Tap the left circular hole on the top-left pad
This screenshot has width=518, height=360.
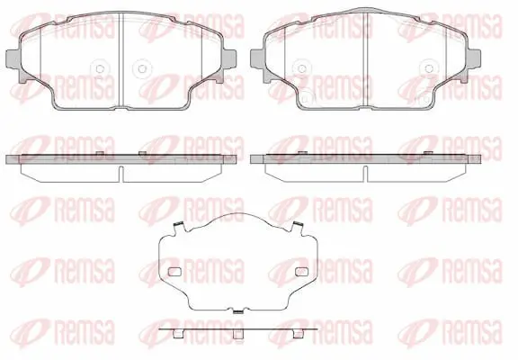(x=100, y=68)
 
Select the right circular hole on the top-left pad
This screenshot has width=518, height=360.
(x=142, y=68)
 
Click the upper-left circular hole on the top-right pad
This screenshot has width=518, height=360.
(x=301, y=68)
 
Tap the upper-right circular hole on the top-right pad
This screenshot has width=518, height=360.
(x=429, y=68)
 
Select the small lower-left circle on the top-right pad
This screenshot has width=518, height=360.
(x=305, y=98)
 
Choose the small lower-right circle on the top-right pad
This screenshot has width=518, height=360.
(x=426, y=98)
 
